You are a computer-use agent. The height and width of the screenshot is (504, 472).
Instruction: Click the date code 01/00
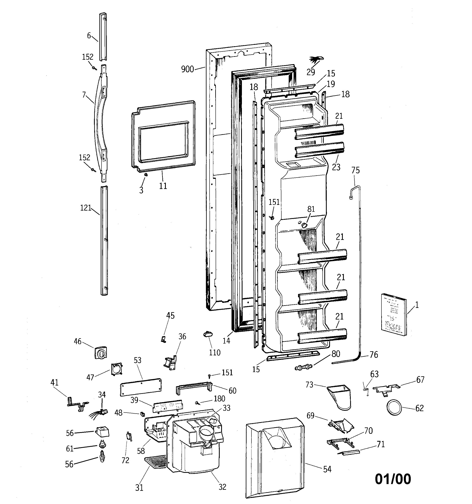point(393,479)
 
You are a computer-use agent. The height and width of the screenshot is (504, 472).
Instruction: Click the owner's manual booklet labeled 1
point(394,314)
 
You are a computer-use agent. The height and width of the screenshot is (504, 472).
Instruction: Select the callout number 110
point(215,352)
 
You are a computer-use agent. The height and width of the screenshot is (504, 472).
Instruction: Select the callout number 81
point(311,209)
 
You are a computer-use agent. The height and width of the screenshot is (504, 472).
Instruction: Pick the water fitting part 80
point(304,367)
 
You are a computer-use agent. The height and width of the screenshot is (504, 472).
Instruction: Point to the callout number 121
point(86,208)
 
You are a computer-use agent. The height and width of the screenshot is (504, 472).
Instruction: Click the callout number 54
point(327,469)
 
